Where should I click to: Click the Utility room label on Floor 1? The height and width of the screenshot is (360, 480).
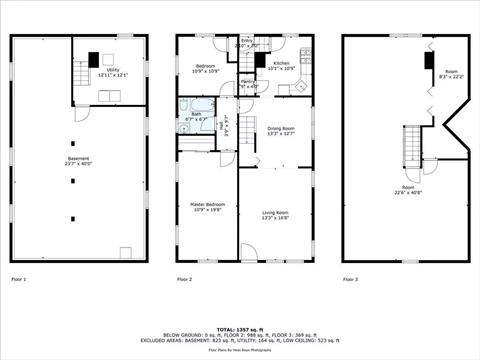[x=113, y=73]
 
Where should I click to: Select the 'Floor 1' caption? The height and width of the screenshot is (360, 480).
[x=18, y=279]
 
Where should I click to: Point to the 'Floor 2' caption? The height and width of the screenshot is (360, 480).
[x=184, y=279]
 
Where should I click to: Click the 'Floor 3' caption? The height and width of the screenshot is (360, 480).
[x=350, y=279]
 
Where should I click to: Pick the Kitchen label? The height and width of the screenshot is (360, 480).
[x=282, y=66]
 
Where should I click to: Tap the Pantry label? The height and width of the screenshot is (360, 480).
[x=249, y=84]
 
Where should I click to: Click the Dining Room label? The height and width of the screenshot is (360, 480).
[x=281, y=131]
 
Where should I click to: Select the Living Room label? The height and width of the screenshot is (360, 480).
[x=276, y=215]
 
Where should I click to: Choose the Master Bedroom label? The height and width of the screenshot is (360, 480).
[x=209, y=207]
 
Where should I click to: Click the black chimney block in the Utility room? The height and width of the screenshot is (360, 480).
[x=94, y=59]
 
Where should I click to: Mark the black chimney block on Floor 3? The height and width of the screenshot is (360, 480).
[x=428, y=61]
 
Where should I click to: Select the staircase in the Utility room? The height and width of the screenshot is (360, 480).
[x=81, y=74]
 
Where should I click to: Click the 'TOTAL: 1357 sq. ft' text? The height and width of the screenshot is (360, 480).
[x=240, y=327]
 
